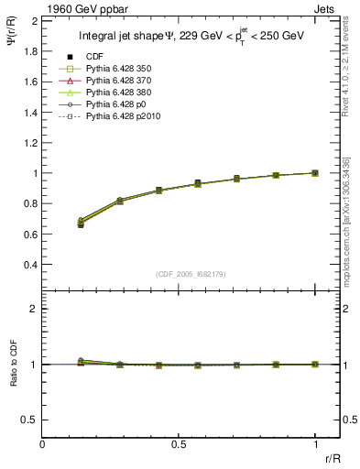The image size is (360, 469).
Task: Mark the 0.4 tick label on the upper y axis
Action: pos(30,265)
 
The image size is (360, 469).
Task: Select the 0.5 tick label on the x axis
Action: pos(179,443)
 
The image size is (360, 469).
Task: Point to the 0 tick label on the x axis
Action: pos(43,443)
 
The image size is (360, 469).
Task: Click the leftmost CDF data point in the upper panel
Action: pos(81,224)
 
